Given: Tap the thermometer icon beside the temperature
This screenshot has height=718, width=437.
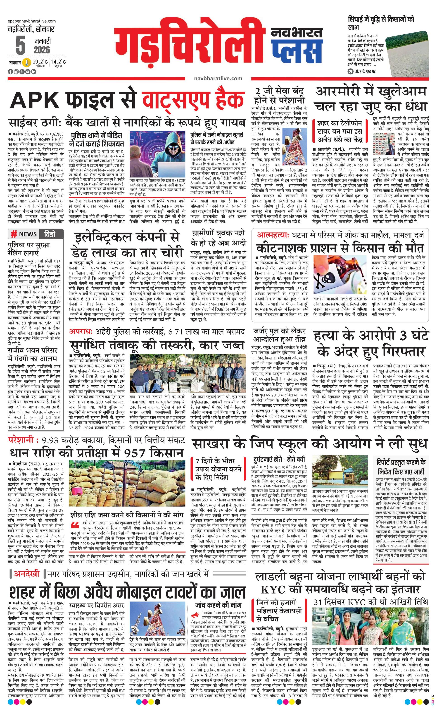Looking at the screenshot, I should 27,62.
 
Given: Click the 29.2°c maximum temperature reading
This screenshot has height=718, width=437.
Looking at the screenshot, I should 40,62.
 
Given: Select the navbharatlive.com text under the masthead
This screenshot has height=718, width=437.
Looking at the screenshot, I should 218,78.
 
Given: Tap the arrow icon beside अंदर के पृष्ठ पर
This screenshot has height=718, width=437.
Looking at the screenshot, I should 350,71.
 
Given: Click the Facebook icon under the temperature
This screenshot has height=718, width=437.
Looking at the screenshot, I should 10,72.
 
